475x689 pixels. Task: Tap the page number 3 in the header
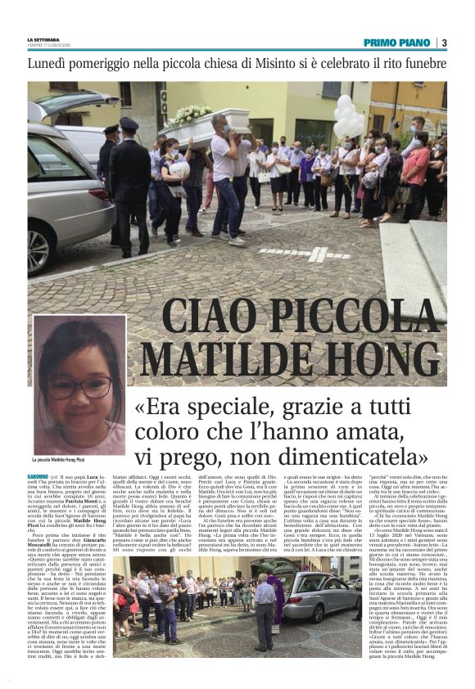point(444,43)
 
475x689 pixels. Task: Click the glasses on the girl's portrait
point(77,385)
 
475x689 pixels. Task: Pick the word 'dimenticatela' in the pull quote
point(351,453)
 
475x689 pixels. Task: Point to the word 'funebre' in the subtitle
point(417,64)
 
